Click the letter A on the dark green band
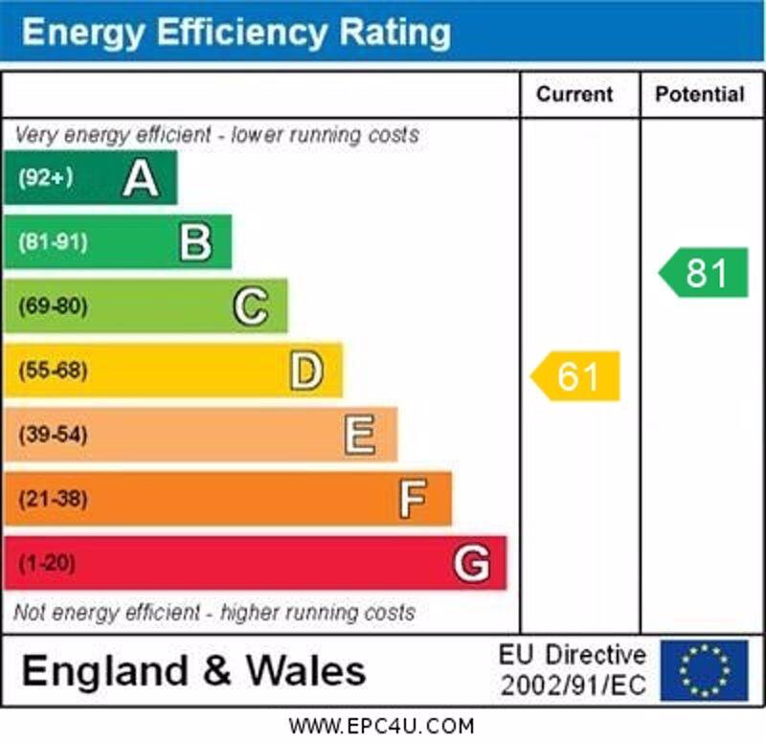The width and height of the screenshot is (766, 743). click(x=141, y=178)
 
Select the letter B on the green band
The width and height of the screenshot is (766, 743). click(x=195, y=242)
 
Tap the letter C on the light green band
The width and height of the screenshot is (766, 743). click(x=251, y=306)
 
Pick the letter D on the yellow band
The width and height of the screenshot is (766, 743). click(x=306, y=371)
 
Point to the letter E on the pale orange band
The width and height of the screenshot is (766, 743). click(x=360, y=435)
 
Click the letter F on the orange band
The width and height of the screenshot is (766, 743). click(x=414, y=499)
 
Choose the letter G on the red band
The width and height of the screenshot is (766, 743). click(x=471, y=563)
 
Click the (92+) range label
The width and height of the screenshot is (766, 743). click(x=46, y=178)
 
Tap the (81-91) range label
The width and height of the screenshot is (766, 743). click(x=53, y=242)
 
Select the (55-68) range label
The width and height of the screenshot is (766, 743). click(x=53, y=371)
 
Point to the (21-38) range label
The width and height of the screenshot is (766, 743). click(x=53, y=499)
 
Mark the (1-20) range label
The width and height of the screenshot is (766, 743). click(x=47, y=563)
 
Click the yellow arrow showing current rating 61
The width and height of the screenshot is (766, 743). click(x=576, y=376)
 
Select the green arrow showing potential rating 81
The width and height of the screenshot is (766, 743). click(x=705, y=273)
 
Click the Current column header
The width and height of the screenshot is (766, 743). click(x=574, y=94)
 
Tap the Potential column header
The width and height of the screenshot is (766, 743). click(x=699, y=94)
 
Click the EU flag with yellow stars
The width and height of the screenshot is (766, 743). click(x=704, y=669)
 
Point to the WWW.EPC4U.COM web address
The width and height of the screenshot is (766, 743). click(x=381, y=726)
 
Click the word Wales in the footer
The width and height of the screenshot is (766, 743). click(x=306, y=670)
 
